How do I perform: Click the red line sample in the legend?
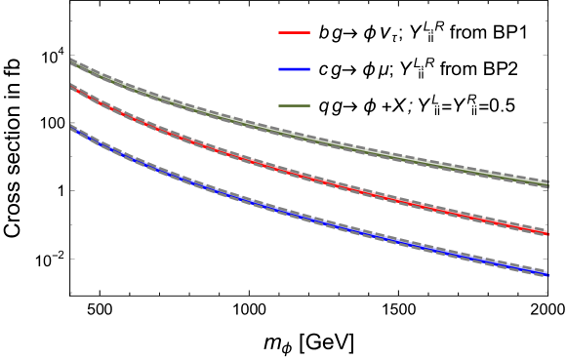click(294, 32)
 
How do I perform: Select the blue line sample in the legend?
click(294, 69)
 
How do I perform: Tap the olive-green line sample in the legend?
click(294, 105)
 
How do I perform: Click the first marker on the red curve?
click(78, 91)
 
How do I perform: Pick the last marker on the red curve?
click(546, 232)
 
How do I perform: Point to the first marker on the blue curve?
click(78, 132)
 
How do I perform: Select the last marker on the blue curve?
click(546, 274)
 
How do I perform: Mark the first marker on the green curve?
click(78, 65)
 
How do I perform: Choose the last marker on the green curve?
click(546, 184)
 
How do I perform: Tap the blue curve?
click(293, 214)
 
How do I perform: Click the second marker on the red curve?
click(89, 97)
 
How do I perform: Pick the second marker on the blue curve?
click(89, 138)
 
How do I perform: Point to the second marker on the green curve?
click(89, 71)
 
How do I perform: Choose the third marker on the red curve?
click(101, 102)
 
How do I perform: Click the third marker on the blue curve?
click(101, 143)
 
